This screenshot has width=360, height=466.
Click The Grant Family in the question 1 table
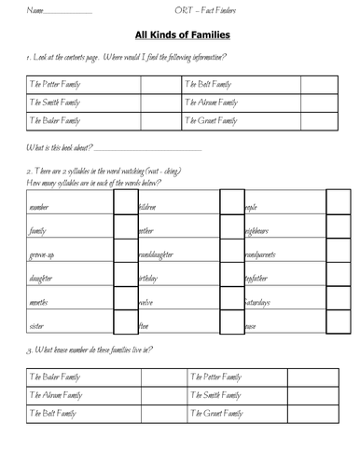[x=215, y=121]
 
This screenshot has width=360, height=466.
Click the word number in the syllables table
[x=39, y=206]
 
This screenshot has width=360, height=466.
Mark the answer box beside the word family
[x=124, y=229]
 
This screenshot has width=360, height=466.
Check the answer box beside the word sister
[x=124, y=325]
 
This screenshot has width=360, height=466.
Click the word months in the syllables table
[x=40, y=302]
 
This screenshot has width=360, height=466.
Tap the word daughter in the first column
[x=41, y=278]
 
